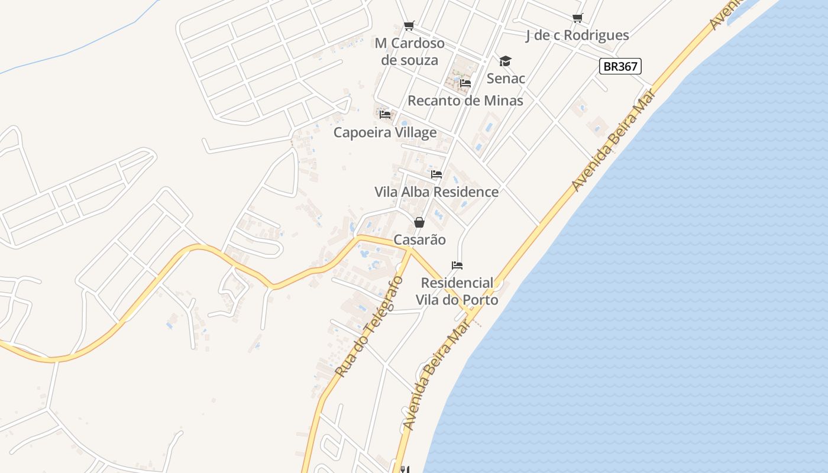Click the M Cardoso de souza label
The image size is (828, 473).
tap(409, 51)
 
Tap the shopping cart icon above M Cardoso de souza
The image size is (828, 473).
tap(409, 25)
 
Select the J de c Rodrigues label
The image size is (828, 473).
tap(577, 35)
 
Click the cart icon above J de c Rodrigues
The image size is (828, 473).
tap(578, 18)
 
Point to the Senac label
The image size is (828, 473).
tap(506, 78)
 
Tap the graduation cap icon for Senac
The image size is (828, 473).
tap(505, 61)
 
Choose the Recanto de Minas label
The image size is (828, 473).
tap(465, 101)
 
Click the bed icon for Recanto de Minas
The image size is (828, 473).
tap(465, 83)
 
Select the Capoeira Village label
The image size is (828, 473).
tap(385, 132)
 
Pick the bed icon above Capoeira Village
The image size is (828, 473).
tap(386, 114)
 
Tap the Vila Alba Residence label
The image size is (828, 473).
tap(436, 192)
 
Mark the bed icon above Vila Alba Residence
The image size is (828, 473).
tap(436, 174)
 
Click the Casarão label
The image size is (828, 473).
tap(420, 240)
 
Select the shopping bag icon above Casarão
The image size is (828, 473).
tap(419, 222)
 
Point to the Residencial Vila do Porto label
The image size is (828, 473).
tap(457, 291)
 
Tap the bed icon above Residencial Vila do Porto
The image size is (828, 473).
tap(457, 265)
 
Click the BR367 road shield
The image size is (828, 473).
tap(620, 66)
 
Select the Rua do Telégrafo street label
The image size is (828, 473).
tap(368, 327)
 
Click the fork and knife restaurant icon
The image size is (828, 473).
tap(405, 469)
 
